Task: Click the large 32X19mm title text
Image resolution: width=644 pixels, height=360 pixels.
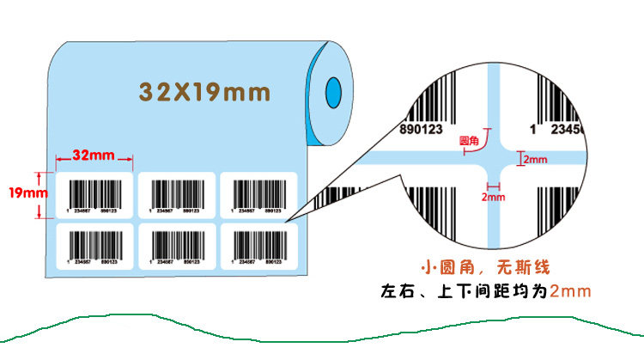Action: pos(204,89)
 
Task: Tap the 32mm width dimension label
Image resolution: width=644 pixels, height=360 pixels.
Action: pos(94,156)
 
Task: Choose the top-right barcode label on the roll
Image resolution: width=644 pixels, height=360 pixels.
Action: pos(258,196)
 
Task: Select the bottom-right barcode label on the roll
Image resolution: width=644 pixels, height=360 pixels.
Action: pos(258,247)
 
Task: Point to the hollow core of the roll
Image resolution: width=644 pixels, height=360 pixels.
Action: pos(333,88)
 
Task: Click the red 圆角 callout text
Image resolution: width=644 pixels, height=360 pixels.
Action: pos(470,139)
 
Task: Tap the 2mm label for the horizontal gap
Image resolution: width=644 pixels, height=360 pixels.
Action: pos(534,159)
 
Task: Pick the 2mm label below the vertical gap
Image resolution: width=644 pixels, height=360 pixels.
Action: pos(492,198)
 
